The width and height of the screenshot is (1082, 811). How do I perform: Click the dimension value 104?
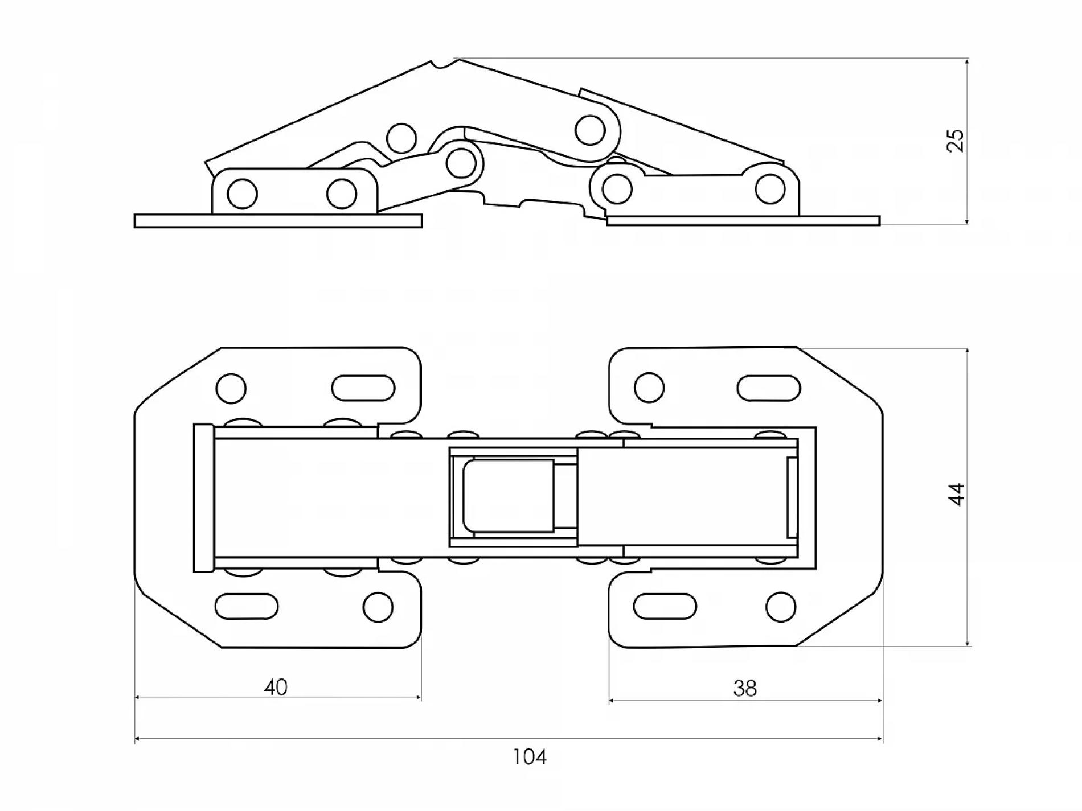[530, 757]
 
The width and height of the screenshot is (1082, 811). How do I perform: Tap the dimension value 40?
[276, 687]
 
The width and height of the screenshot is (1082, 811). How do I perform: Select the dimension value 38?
[745, 689]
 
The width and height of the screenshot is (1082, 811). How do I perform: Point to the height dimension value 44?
[957, 494]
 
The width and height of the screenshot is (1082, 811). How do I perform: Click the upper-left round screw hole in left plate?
[231, 389]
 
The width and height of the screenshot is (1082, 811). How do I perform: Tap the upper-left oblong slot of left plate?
[363, 389]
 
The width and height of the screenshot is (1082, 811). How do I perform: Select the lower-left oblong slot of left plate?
[247, 606]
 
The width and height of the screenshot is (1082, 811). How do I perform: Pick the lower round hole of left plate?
[379, 607]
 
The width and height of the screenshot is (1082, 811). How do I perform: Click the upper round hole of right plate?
[649, 388]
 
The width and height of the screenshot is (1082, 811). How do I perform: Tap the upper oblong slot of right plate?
[769, 388]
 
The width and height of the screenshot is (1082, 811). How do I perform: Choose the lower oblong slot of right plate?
[665, 606]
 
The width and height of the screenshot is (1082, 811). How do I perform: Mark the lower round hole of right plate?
[781, 607]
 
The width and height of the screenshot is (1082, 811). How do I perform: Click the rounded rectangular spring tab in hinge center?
[509, 495]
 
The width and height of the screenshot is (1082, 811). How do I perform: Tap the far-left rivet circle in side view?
[242, 194]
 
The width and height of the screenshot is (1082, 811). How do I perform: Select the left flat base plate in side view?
[278, 221]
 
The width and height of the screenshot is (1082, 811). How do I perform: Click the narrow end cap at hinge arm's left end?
[203, 497]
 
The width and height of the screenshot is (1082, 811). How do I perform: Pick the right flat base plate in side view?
[743, 221]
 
